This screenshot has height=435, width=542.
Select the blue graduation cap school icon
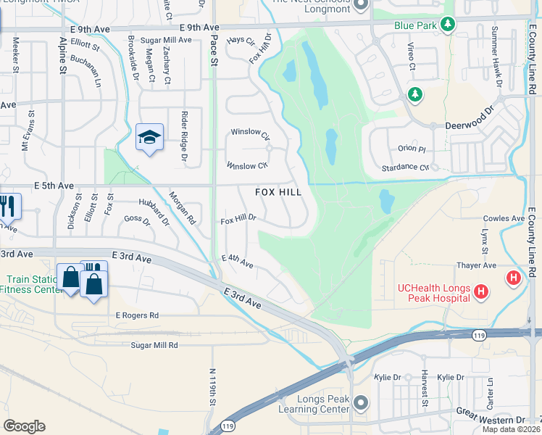coord(149,137)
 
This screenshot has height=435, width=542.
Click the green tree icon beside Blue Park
coord(449,25)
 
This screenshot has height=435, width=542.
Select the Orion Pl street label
coord(412,149)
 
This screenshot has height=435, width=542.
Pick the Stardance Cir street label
coord(405,167)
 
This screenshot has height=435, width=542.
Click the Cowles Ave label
coord(504,218)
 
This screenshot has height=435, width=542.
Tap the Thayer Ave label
coord(475,265)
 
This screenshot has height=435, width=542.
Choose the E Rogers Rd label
coord(137,315)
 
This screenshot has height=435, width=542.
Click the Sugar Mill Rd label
coord(154,346)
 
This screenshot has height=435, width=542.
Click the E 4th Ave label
coord(237,262)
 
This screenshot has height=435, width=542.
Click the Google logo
coord(24,426)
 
